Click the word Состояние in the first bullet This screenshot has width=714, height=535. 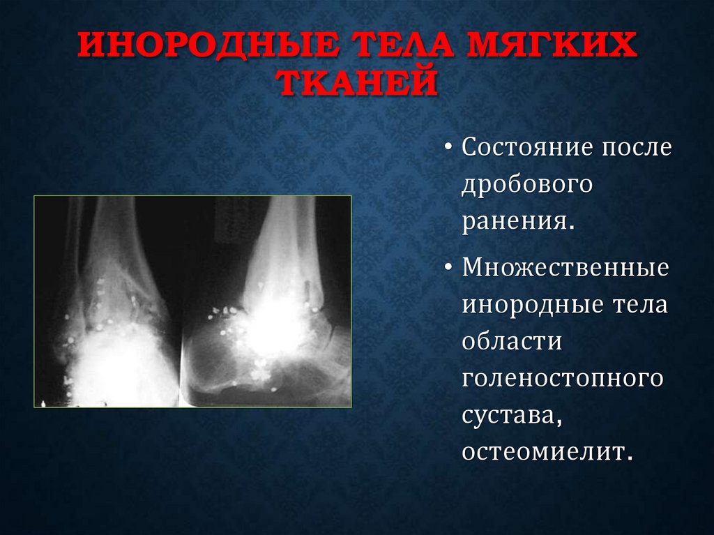[x=527, y=148]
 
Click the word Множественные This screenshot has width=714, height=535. [x=565, y=269]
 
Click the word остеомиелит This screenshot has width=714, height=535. [x=547, y=453]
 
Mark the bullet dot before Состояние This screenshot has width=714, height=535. [x=448, y=149]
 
